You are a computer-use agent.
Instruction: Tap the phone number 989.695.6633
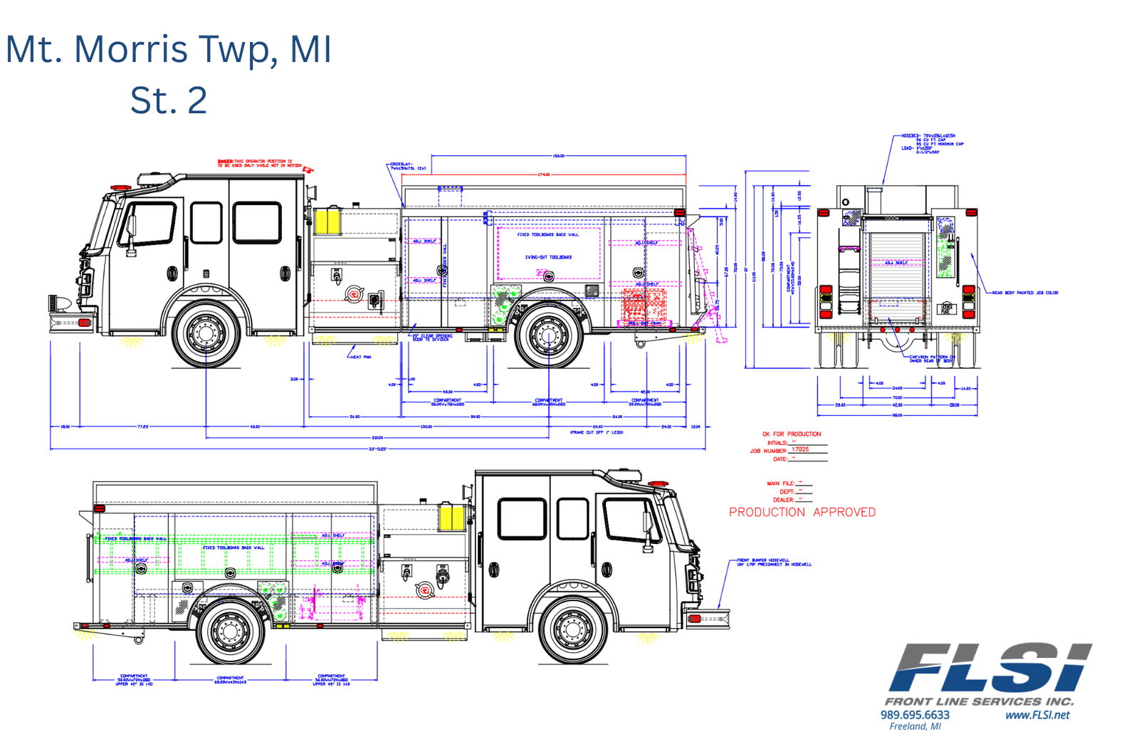click(915, 714)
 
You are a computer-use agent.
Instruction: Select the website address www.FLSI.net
click(1036, 714)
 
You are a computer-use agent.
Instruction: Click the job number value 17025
click(800, 449)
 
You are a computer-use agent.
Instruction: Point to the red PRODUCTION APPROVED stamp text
click(802, 512)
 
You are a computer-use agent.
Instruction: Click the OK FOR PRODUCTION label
click(791, 434)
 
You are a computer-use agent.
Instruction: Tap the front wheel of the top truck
click(206, 333)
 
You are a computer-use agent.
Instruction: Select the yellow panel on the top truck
click(327, 220)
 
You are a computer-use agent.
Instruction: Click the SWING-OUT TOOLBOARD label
click(548, 257)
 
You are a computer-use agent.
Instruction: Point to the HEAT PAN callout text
click(361, 357)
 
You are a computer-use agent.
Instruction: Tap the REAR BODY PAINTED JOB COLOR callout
click(1025, 293)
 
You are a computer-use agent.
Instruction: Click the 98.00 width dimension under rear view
click(897, 415)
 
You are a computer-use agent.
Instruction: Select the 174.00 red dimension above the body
click(544, 174)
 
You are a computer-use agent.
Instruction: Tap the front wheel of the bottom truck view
click(572, 629)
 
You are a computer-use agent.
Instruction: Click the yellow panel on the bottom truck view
click(451, 518)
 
